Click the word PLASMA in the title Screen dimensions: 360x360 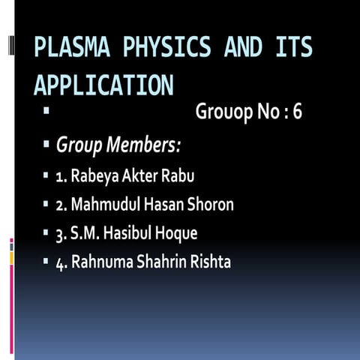click(x=72, y=47)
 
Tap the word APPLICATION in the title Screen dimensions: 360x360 click(x=103, y=84)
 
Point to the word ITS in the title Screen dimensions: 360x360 click(x=293, y=47)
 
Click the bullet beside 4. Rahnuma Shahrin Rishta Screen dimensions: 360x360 click(x=46, y=262)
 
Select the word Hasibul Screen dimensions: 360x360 click(x=127, y=233)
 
